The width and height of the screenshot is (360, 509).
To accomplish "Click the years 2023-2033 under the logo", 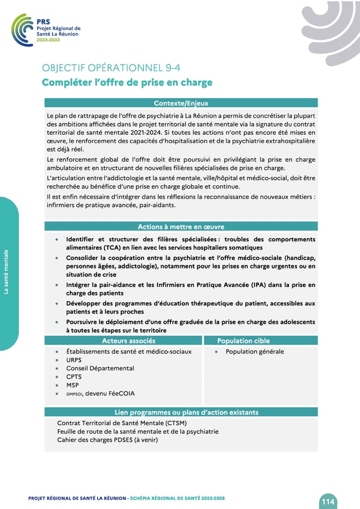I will tap(48, 40).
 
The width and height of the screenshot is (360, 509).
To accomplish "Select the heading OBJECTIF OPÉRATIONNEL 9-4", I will tap(114, 68).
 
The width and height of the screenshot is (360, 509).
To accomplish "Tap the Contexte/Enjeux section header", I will tap(181, 103).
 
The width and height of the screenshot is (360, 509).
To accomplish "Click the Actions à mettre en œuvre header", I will tap(181, 227).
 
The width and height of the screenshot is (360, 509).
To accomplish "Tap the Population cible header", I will tap(243, 341).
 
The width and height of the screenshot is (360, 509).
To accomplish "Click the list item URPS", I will tap(74, 360).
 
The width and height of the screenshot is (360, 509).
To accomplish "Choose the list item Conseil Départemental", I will tap(100, 368).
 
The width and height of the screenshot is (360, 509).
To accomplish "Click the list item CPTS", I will tap(74, 377).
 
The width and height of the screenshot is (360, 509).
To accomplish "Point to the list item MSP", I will tap(73, 385).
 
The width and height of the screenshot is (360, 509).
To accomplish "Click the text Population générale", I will tap(255, 352).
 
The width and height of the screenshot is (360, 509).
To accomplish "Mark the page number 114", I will tap(328, 501).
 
